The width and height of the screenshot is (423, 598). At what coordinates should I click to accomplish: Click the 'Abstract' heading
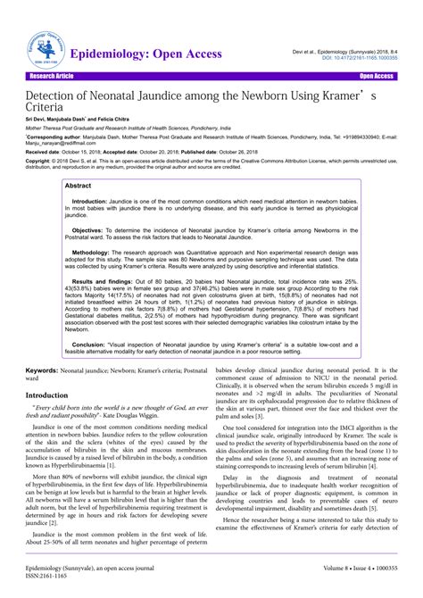79,185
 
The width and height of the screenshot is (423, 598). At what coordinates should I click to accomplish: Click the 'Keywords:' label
43,369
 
